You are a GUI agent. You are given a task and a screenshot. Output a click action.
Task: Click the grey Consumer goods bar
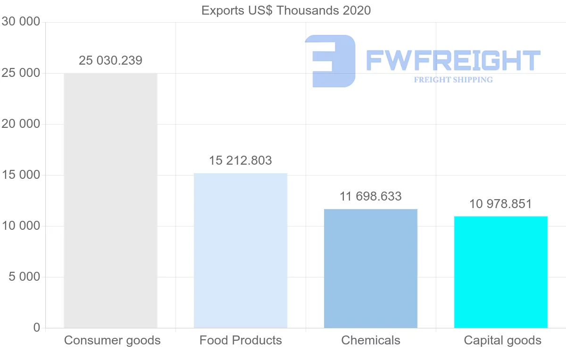[x=110, y=201]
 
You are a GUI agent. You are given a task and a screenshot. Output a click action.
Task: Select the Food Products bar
[x=241, y=251]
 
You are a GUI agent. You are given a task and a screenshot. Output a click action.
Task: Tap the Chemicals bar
[x=371, y=268]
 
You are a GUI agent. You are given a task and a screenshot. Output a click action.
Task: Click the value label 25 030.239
[x=110, y=60]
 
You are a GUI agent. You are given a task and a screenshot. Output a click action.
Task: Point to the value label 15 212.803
[x=241, y=160]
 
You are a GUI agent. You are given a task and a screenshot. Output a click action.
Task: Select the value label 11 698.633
[x=371, y=196]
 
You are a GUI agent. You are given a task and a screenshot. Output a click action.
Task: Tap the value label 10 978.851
[x=500, y=204]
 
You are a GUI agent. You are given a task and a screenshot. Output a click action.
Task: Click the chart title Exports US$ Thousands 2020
[x=286, y=10]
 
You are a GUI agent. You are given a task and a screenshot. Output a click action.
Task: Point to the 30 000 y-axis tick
[x=20, y=22]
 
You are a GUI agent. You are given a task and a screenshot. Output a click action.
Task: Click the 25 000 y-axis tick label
[x=20, y=73]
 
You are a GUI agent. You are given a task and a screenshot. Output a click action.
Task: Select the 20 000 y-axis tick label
[x=20, y=124]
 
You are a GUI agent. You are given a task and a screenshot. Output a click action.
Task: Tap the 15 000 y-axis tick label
[x=20, y=175]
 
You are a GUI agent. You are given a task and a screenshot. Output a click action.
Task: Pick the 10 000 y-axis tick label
[x=20, y=226]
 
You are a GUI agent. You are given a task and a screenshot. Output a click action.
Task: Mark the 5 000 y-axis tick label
[x=24, y=277]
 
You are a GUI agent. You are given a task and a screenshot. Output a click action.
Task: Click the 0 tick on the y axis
[x=37, y=328]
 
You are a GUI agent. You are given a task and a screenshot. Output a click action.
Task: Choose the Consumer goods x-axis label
[x=112, y=340]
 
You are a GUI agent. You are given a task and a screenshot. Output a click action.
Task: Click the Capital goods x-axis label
[x=503, y=340]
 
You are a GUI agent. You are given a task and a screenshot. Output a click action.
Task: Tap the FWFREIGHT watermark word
[x=453, y=60]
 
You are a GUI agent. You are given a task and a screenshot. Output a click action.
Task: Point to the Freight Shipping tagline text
[x=453, y=80]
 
